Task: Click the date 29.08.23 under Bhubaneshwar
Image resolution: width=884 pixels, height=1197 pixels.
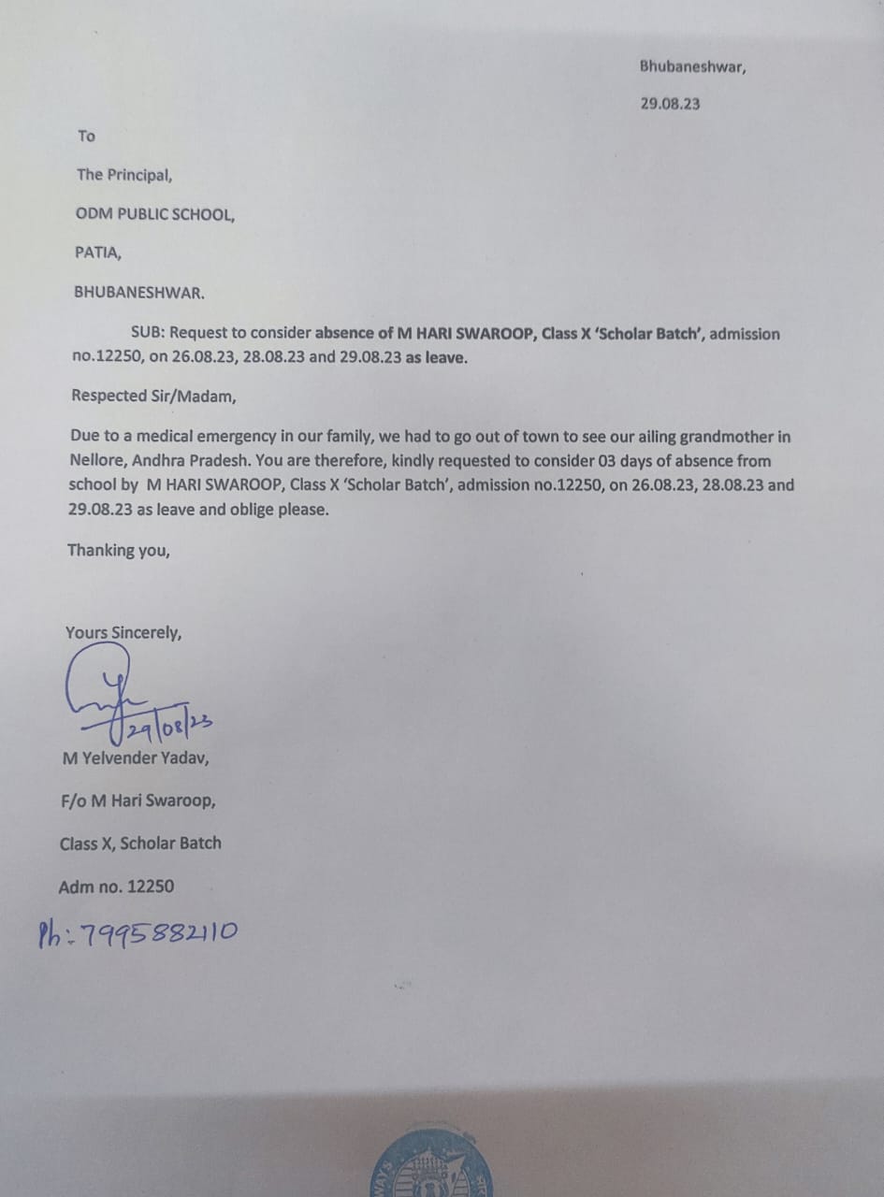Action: pos(670,104)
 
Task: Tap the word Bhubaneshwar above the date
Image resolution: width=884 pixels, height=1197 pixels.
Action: pos(692,65)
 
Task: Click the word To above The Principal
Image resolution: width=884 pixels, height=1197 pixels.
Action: pos(86,137)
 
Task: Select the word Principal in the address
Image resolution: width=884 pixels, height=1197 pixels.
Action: pos(139,175)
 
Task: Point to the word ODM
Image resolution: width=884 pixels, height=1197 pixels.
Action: pos(94,214)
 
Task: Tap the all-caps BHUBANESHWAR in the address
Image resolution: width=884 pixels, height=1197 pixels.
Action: pos(139,292)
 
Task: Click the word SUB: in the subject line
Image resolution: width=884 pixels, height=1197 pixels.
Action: pos(148,334)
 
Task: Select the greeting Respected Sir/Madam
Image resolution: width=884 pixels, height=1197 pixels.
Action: pos(154,396)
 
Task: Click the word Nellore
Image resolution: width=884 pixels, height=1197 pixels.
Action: pos(97,460)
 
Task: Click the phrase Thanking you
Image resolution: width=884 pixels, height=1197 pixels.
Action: pos(119,550)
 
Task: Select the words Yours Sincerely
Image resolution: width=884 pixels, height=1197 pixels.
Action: pos(123,633)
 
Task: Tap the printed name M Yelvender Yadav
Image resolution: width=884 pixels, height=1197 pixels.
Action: pos(136,758)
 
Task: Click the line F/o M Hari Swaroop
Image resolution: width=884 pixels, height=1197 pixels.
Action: pos(138,801)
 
